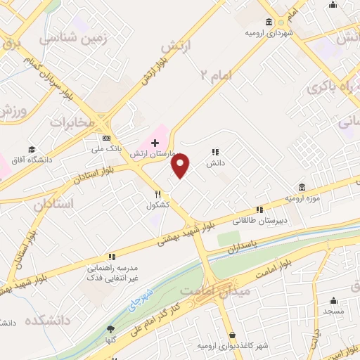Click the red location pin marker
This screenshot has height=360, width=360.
pos(181,166)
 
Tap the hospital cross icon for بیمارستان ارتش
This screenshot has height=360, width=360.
pos(155,143)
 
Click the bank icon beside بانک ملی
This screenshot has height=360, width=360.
pos(106,138)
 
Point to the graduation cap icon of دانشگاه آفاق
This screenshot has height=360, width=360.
pos(32,149)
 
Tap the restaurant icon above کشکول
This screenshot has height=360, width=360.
pos(159,194)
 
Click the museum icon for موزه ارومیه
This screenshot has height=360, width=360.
pos(302,187)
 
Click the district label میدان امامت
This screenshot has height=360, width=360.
pos(211,290)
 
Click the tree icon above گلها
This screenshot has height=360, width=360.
pos(110,329)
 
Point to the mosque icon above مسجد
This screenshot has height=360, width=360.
pos(335,299)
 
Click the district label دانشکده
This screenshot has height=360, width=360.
pos(49,321)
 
